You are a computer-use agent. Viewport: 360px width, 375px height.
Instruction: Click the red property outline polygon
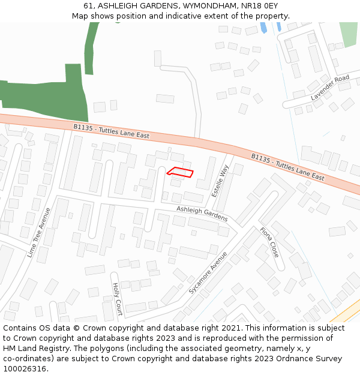point(181,173)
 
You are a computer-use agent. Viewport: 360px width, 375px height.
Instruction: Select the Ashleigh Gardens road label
point(202,213)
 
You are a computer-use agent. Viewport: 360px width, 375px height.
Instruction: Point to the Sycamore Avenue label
point(208,272)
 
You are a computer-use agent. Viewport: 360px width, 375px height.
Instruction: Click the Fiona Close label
point(269,242)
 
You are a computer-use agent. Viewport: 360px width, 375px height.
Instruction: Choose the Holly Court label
point(118,299)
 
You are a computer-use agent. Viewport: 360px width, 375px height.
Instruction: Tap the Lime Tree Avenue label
point(40,233)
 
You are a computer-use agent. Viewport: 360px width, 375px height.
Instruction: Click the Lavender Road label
point(329,88)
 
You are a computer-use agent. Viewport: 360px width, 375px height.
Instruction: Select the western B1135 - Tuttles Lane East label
point(111,131)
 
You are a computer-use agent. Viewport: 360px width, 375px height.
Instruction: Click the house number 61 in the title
point(89,6)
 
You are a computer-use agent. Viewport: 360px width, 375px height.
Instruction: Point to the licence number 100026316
point(25,368)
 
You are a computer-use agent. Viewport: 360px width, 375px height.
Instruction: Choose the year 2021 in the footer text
point(229,328)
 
